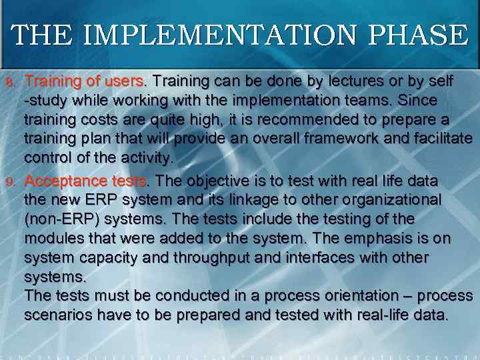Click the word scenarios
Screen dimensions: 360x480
tap(55, 315)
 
